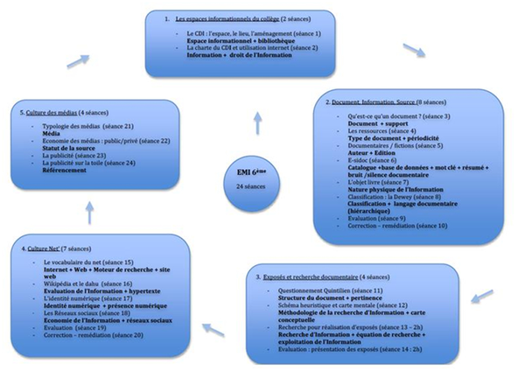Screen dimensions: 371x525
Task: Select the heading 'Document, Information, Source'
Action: click(x=373, y=101)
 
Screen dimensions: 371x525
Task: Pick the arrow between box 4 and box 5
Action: click(x=88, y=209)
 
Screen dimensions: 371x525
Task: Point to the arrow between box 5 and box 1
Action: click(x=77, y=59)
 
